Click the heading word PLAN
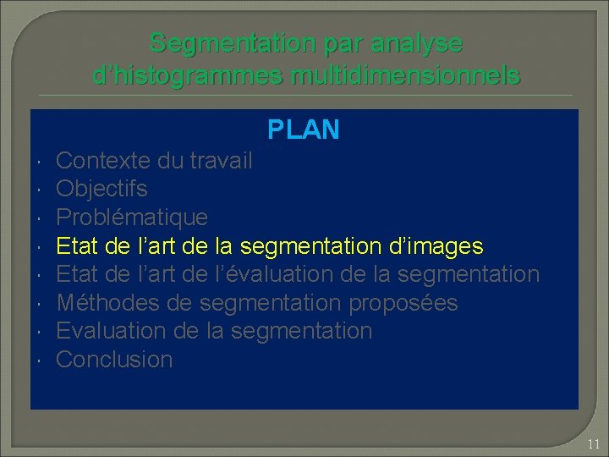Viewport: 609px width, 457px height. (304, 129)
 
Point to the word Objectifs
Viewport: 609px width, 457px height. (101, 189)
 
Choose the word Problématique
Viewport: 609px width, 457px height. (131, 217)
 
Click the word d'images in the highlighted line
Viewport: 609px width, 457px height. (433, 246)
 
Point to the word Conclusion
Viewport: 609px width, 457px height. (114, 360)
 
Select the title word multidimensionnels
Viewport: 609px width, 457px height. (405, 75)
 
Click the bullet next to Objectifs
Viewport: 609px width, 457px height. (41, 189)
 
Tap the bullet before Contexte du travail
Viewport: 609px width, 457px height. (41, 161)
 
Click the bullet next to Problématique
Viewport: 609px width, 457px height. (41, 217)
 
